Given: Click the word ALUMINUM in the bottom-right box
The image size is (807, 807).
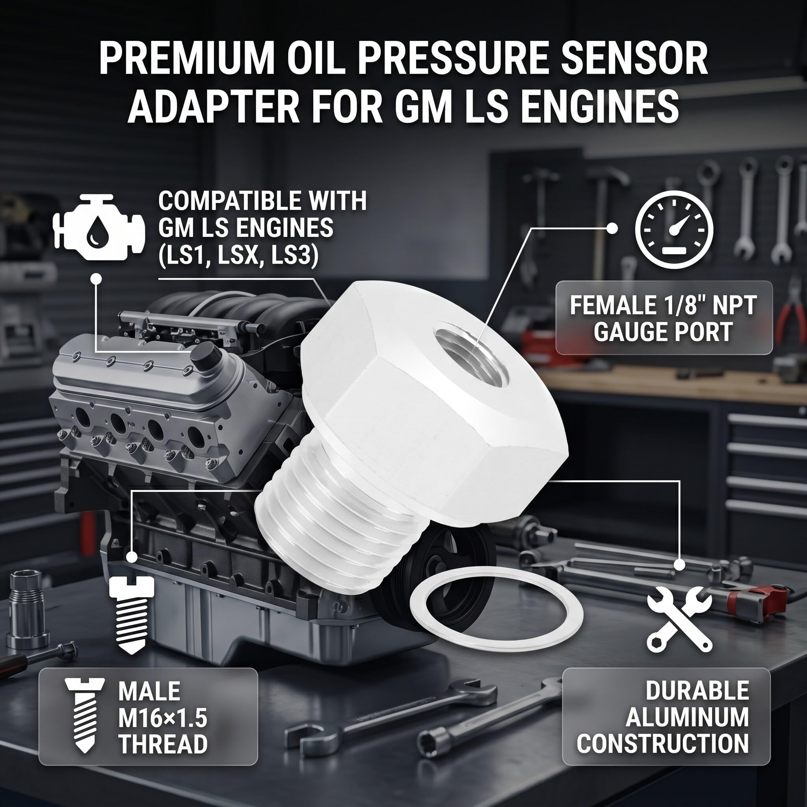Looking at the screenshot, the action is [687, 718].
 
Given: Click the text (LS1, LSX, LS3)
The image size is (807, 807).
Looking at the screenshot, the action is [238, 255].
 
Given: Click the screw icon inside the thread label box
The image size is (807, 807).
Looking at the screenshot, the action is [84, 716].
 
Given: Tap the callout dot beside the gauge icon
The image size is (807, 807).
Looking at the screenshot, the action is [612, 229].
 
